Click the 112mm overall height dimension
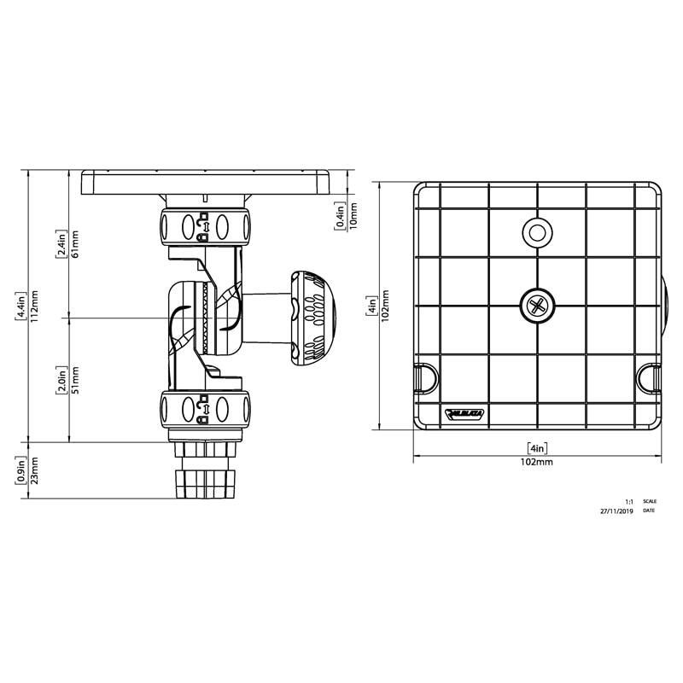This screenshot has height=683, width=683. coord(35,303)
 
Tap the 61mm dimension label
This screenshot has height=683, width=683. coord(75,244)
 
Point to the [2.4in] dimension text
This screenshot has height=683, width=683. coord(61,244)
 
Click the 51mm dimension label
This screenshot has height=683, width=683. coord(75,380)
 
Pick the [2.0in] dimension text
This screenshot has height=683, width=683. coord(61,380)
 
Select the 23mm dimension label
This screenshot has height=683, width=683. coord(35,469)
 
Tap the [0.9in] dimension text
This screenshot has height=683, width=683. coord(20,469)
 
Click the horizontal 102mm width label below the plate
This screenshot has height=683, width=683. coord(537,462)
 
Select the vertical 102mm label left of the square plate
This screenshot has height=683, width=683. coord(385,304)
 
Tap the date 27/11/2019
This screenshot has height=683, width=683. coord(616,511)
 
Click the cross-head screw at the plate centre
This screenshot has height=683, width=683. coord(537,305)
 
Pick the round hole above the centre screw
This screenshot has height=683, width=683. coord(537,231)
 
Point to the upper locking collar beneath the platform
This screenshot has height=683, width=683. coord(205,225)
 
